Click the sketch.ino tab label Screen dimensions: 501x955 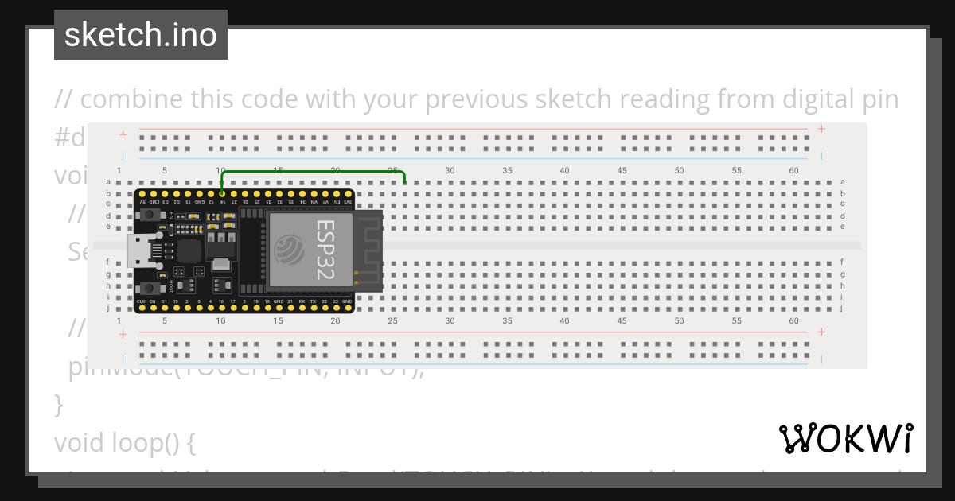coord(140,35)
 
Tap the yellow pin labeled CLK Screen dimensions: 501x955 coord(141,309)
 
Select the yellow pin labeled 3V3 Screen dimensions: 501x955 coord(348,194)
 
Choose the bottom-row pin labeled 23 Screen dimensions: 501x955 coord(336,309)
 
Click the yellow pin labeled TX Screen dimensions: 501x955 coord(314,309)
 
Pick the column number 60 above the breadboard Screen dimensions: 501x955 coord(793,170)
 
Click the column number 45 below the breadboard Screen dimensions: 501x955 coord(622,320)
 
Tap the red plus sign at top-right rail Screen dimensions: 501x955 coord(821,129)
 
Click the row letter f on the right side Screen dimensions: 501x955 coord(843,262)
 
